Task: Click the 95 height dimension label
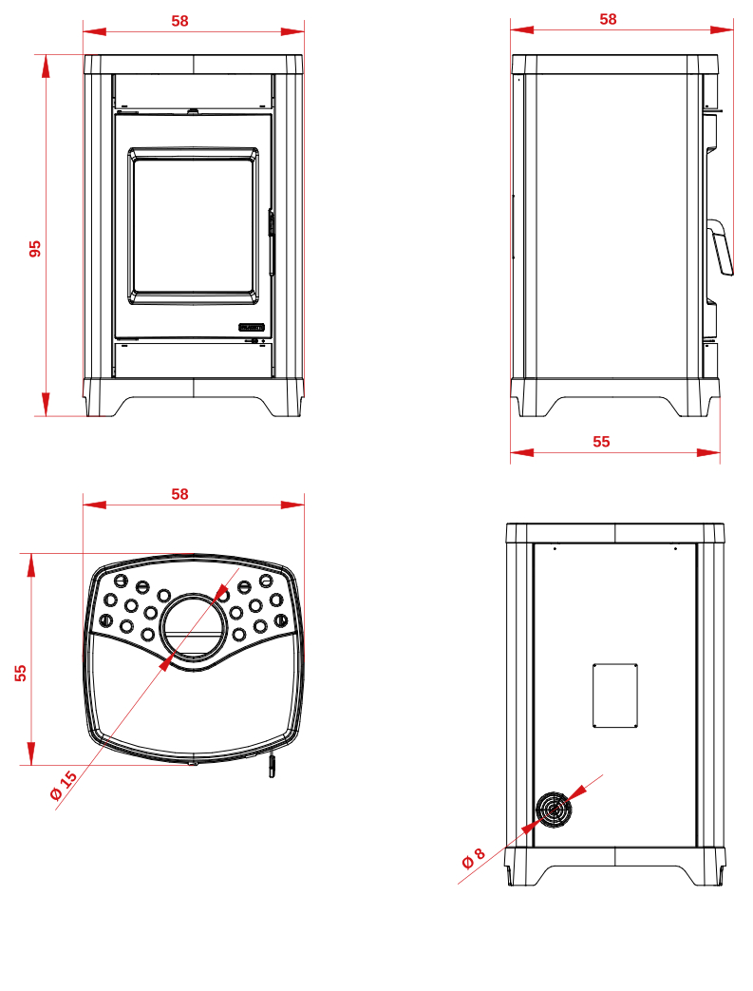point(35,248)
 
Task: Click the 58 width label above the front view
point(180,21)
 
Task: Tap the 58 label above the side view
point(608,20)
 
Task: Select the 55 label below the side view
point(601,442)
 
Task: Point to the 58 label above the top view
point(180,494)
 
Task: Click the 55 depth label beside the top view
point(21,673)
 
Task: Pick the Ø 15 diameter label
point(64,785)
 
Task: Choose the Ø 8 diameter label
point(473,858)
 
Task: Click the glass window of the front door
point(194,225)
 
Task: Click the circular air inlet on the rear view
point(554,810)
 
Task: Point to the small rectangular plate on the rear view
point(614,696)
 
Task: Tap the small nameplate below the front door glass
point(252,327)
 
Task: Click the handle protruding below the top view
point(273,765)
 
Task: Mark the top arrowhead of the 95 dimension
point(46,67)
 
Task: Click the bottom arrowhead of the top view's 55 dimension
point(30,753)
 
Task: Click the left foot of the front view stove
point(101,406)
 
